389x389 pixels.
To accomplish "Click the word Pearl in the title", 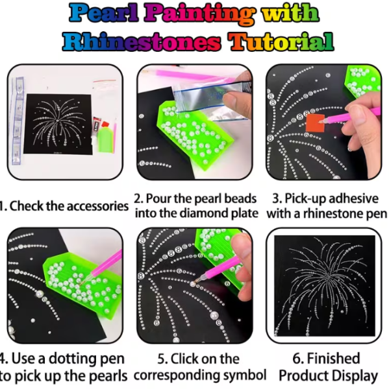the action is (104, 13).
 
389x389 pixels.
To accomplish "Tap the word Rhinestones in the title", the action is (142, 41).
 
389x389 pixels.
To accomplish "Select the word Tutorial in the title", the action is (281, 41).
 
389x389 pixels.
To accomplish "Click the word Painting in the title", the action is (199, 14).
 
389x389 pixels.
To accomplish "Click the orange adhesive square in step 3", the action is (315, 123).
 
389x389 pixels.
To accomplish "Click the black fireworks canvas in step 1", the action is (58, 124).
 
